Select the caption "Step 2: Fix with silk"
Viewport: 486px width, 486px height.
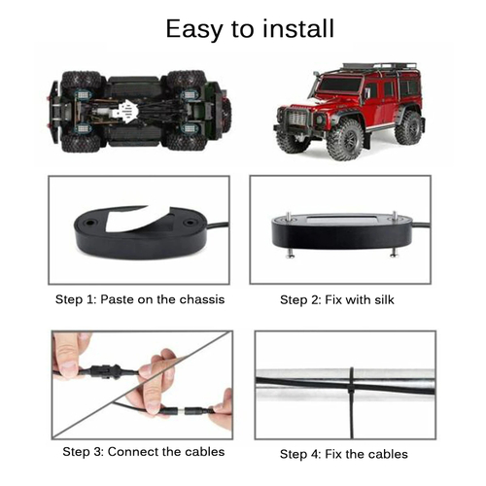click(344, 299)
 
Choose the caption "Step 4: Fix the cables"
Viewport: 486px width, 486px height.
click(344, 453)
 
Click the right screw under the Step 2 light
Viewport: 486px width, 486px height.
click(394, 250)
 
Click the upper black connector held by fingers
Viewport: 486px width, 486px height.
click(103, 370)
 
